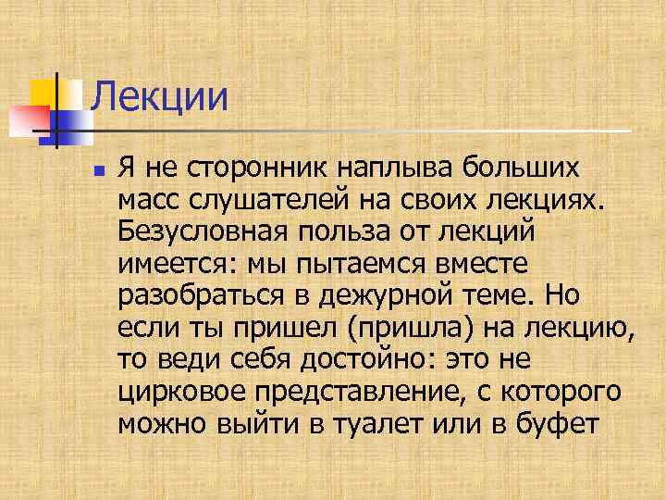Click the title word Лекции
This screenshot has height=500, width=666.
pyautogui.click(x=160, y=96)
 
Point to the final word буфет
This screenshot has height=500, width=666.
pyautogui.click(x=561, y=422)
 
